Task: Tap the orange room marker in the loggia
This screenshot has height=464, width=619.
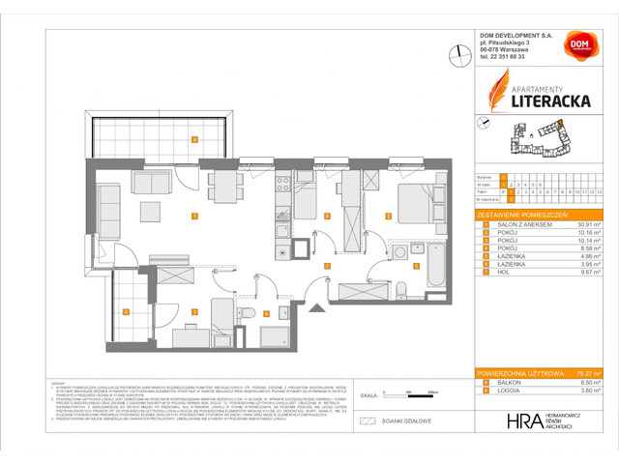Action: coord(127,310)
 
